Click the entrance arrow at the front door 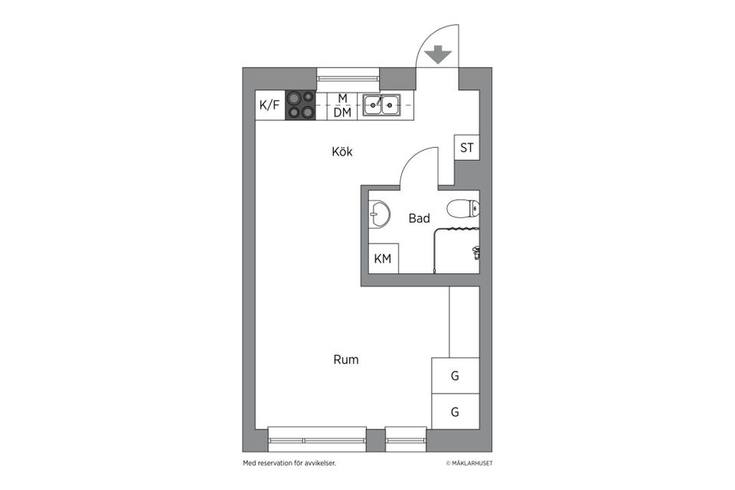[x=437, y=55]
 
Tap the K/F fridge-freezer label [x=269, y=106]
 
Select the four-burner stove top [x=300, y=106]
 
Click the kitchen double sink [x=381, y=105]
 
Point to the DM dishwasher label [x=342, y=113]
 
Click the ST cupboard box [x=467, y=148]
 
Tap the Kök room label [x=342, y=152]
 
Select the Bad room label [x=419, y=219]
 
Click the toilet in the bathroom [x=464, y=207]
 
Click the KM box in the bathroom [x=382, y=259]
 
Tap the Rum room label [x=345, y=359]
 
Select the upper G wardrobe [x=455, y=376]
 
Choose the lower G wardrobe [x=455, y=412]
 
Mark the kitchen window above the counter [x=348, y=75]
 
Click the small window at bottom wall [x=405, y=439]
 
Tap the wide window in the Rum [x=317, y=439]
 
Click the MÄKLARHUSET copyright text [x=475, y=463]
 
